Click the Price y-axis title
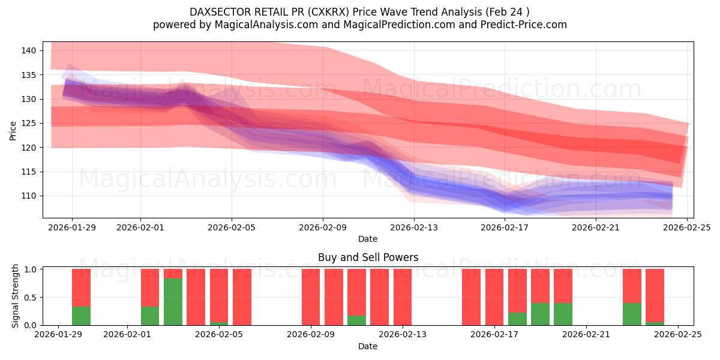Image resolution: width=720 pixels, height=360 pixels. coord(13,130)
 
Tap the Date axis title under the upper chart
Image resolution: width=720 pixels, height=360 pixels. coord(367,239)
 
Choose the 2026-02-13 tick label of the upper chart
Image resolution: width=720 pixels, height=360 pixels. coord(414,227)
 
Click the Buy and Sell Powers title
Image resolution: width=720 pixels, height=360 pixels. coord(367,257)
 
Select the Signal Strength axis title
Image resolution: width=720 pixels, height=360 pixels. coord(16,296)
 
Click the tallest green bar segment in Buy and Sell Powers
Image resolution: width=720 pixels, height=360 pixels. coord(173,302)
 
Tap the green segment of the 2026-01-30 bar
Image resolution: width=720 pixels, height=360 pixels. coord(81,316)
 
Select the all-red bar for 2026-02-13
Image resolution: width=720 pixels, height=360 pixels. coord(402,297)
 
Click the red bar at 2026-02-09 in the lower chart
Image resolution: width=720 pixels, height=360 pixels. coord(310,297)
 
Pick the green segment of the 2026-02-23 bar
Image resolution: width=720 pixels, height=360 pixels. coord(632,314)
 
